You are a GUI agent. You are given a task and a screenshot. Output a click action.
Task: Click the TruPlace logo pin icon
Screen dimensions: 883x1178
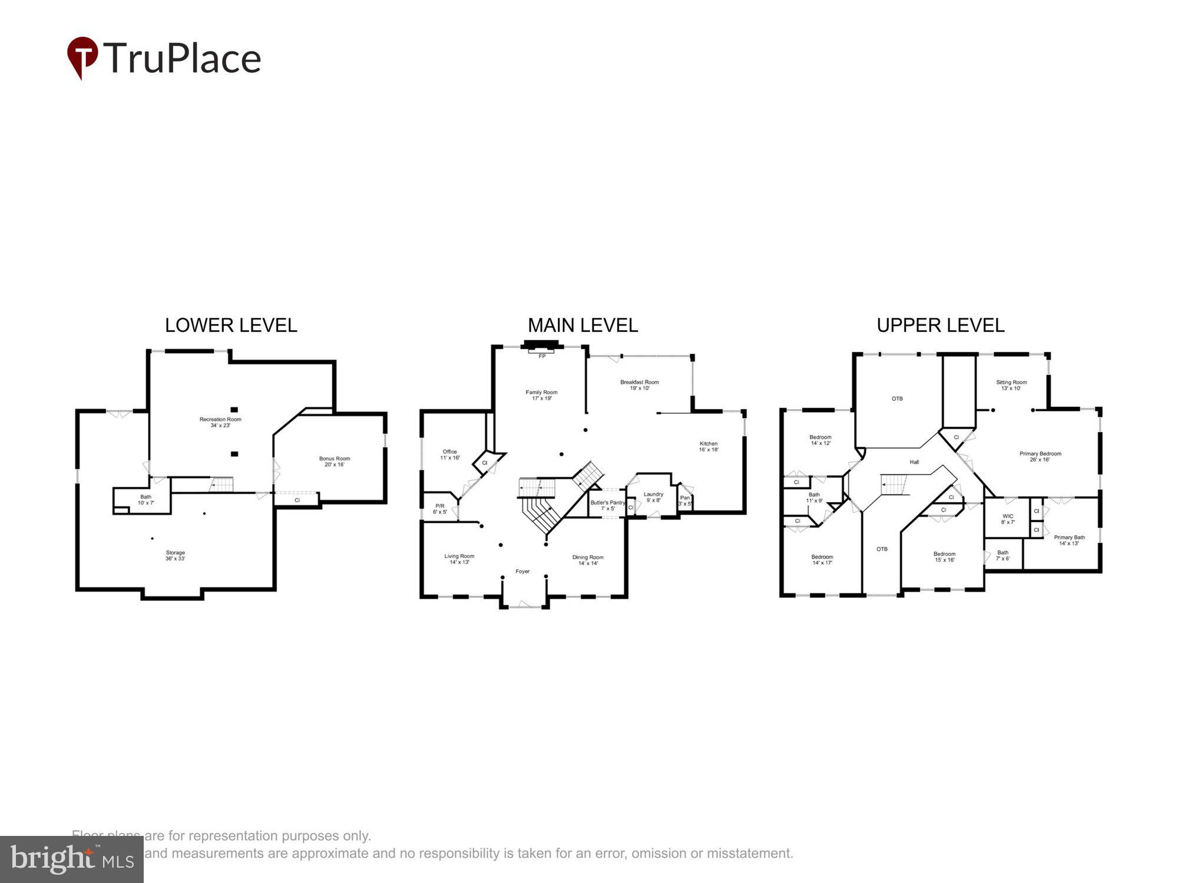coord(82,57)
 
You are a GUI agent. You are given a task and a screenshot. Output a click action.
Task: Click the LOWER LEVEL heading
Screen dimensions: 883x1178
coord(231,326)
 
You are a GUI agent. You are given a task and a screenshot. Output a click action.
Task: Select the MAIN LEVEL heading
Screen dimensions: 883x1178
coord(583,326)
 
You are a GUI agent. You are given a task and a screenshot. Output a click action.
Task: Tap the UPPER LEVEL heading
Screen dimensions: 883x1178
coord(940,326)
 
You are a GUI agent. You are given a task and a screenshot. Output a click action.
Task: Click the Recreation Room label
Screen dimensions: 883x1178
coord(220,422)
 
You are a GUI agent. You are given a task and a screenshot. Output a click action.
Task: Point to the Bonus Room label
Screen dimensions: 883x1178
coord(335,461)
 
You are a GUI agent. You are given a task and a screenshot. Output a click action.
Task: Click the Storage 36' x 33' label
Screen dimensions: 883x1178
coord(175,555)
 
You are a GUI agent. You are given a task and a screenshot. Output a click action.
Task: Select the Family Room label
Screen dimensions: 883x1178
coord(541,395)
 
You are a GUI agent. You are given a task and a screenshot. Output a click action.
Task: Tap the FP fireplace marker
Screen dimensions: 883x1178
coord(542,356)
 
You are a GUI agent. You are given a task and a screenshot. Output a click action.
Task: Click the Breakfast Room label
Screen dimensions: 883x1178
coord(639,385)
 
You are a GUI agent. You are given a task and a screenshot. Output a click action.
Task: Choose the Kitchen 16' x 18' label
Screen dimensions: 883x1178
coord(709,446)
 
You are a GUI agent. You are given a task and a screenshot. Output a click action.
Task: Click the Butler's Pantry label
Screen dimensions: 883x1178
coord(607,505)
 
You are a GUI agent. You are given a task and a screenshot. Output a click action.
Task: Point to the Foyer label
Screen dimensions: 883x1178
coord(522,571)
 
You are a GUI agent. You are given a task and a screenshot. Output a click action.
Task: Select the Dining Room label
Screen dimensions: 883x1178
coord(588,560)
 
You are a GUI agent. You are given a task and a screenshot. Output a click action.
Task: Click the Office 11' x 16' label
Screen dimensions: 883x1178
coord(450,454)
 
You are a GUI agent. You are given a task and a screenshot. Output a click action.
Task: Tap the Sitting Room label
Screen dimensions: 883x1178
coord(1011,385)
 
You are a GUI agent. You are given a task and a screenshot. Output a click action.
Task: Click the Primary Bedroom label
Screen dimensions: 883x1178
coord(1040,456)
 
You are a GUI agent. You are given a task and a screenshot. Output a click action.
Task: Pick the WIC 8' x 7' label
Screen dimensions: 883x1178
coord(1008,519)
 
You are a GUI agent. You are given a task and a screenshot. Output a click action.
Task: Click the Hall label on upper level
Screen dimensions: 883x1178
coord(914,462)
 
